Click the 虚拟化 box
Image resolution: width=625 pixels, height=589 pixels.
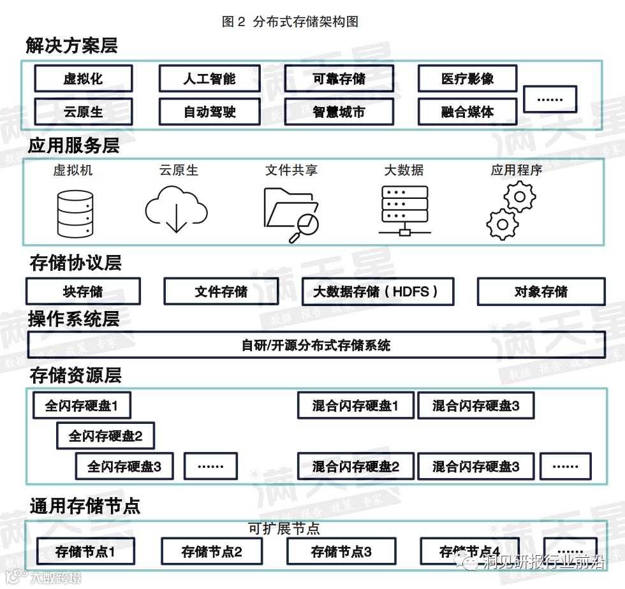(x=83, y=79)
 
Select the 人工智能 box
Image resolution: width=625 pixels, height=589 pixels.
(x=209, y=79)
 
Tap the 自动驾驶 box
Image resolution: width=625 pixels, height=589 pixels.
(x=209, y=112)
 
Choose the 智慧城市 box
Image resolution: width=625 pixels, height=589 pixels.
(x=339, y=112)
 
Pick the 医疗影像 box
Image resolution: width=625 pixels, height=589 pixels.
(x=467, y=79)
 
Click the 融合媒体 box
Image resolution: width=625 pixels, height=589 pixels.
(x=467, y=112)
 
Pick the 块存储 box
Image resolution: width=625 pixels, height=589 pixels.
(x=83, y=292)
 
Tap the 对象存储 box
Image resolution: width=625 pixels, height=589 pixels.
(x=541, y=292)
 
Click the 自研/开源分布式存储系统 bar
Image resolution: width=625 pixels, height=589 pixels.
(x=316, y=345)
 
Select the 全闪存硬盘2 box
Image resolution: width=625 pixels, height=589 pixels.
(x=105, y=437)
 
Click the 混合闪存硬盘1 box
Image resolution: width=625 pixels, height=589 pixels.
(x=355, y=405)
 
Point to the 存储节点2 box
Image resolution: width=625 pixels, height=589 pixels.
(x=212, y=551)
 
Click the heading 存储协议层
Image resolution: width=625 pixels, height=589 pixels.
(x=75, y=263)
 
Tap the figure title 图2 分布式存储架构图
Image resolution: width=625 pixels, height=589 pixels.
(x=290, y=22)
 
